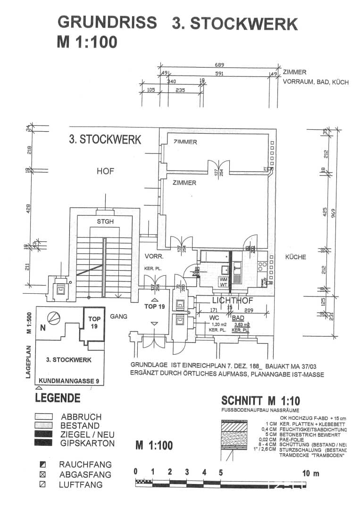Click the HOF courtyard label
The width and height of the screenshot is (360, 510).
(105, 171)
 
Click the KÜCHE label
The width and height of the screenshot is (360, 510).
(295, 257)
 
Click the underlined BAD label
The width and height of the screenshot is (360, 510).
(238, 318)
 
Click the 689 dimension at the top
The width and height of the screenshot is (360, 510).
(219, 65)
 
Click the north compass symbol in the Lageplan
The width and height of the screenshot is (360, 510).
(55, 318)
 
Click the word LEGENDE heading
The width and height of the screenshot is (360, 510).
(58, 398)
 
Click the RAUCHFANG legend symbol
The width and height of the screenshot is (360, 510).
(42, 465)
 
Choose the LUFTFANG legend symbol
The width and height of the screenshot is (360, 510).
(42, 484)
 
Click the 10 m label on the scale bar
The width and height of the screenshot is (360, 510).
(311, 473)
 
